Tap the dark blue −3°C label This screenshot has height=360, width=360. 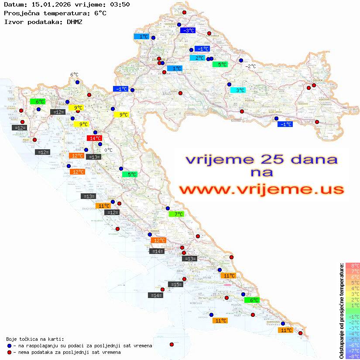click(188, 31)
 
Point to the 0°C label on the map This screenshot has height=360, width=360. click(108, 150)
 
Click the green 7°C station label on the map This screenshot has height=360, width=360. click(177, 214)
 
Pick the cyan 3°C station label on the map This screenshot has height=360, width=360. click(238, 90)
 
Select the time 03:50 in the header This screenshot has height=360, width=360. click(120, 4)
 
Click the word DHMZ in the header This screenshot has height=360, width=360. click(75, 21)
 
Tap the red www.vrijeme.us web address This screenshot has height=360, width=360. click(261, 190)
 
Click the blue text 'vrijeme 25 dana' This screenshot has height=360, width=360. click(261, 159)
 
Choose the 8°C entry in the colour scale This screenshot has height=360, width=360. click(353, 266)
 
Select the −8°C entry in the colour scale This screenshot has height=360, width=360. click(353, 356)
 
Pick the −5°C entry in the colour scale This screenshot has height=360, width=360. click(353, 339)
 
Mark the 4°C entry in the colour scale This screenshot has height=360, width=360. click(353, 288)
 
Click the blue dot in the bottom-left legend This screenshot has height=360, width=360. click(10, 346)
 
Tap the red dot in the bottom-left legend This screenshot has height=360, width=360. click(10, 352)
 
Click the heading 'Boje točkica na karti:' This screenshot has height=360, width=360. click(35, 339)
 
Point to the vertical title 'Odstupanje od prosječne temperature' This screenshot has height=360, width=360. click(341, 311)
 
